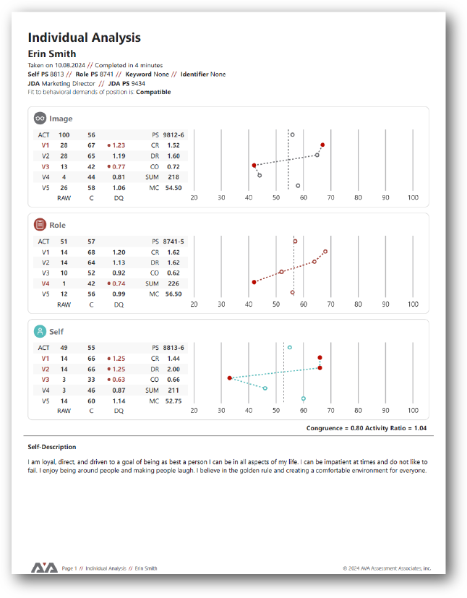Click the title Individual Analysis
[x=84, y=38]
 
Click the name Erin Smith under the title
[x=52, y=54]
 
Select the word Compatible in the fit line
[x=153, y=92]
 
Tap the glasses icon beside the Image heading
[x=40, y=118]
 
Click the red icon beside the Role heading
[x=40, y=225]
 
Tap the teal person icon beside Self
[x=40, y=331]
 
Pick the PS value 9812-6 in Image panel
[x=173, y=134]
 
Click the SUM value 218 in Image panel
[x=173, y=176]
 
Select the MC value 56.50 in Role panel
[x=173, y=294]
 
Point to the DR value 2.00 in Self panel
[x=173, y=369]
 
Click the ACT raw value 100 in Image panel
[x=64, y=134]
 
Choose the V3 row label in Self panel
[x=45, y=379]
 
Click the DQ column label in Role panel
[x=119, y=304]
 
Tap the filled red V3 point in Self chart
[x=229, y=378]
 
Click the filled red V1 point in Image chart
[x=322, y=145]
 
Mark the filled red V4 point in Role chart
[x=254, y=282]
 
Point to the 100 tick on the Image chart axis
[x=413, y=197]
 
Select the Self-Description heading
[x=52, y=447]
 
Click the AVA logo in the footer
[x=44, y=568]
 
